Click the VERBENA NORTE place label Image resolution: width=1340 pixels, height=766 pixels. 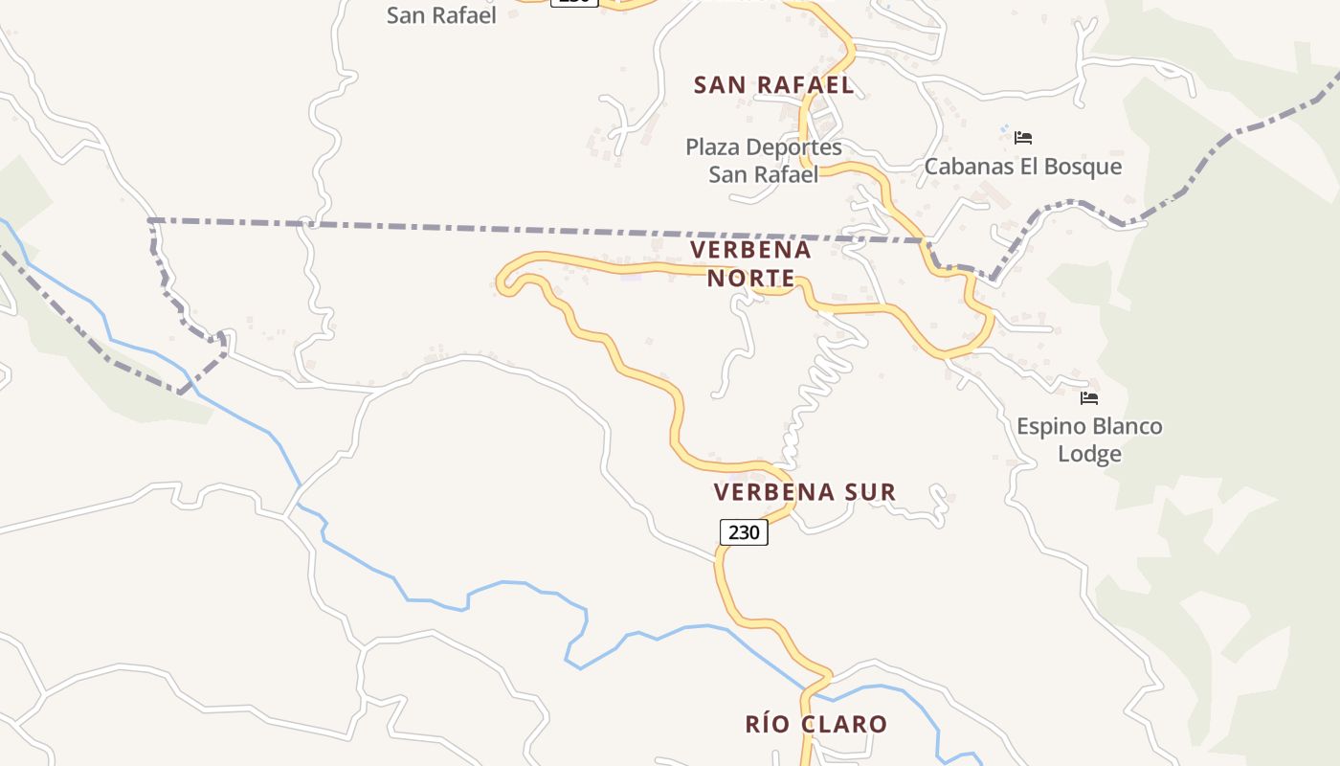pos(750,264)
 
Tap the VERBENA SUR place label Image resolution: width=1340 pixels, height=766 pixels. pos(805,492)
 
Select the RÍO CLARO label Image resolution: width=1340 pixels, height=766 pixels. pos(816,725)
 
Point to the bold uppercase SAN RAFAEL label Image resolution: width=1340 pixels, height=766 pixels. pos(773,85)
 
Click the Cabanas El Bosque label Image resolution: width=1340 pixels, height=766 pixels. pos(1022,167)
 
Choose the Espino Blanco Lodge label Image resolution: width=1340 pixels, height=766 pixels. pos(1089,439)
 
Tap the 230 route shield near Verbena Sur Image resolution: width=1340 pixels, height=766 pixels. pos(744,532)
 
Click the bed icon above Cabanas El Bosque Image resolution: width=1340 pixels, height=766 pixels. pos(1023,138)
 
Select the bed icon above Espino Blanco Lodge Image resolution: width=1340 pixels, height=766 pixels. pos(1089,398)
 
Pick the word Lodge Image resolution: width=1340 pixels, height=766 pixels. pos(1089,453)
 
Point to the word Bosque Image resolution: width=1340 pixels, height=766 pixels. pos(1085,167)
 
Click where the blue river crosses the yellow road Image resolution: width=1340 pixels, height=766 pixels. pos(814,687)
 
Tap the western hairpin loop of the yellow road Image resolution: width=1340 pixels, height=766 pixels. pos(505,281)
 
